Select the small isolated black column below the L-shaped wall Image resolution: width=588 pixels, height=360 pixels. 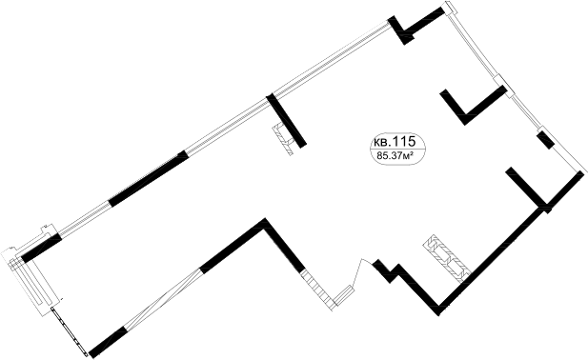click(x=545, y=142)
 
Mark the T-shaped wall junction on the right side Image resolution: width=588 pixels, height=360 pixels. click(x=540, y=203)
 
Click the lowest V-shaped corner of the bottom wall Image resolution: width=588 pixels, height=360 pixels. click(x=441, y=306)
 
